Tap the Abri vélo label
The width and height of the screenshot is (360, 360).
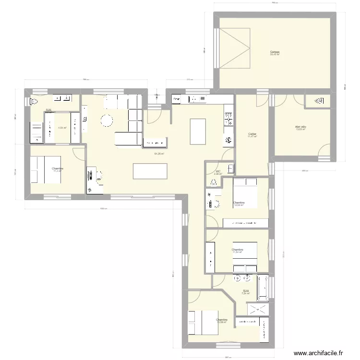301,128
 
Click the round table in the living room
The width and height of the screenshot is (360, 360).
106,120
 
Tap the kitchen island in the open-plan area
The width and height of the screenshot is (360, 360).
198,131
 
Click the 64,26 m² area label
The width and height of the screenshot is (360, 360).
159,154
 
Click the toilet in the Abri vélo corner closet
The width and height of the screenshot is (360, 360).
319,101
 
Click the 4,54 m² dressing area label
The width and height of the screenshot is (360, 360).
62,128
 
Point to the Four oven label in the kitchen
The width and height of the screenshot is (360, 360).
177,99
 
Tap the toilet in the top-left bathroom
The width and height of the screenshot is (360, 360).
34,101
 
